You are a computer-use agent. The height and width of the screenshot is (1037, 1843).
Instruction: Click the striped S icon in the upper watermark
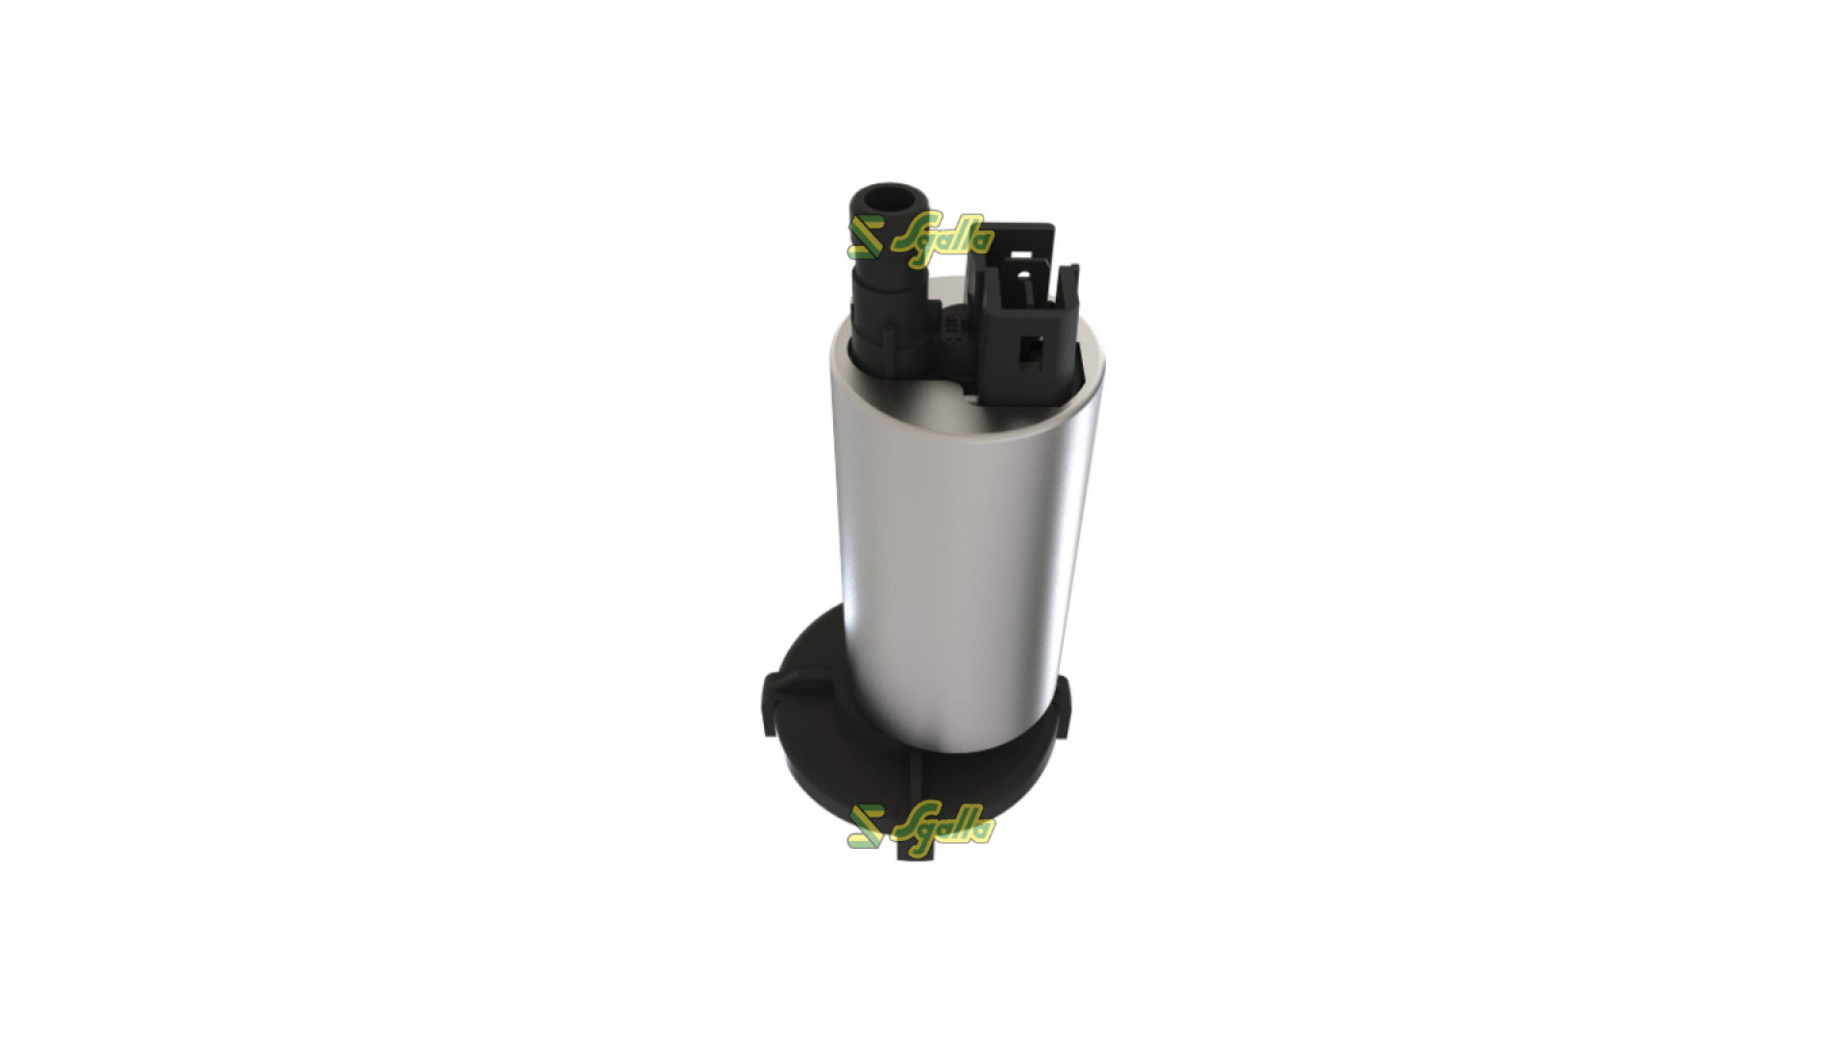[866, 238]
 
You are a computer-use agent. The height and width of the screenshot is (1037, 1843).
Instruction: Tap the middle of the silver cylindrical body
[960, 538]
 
